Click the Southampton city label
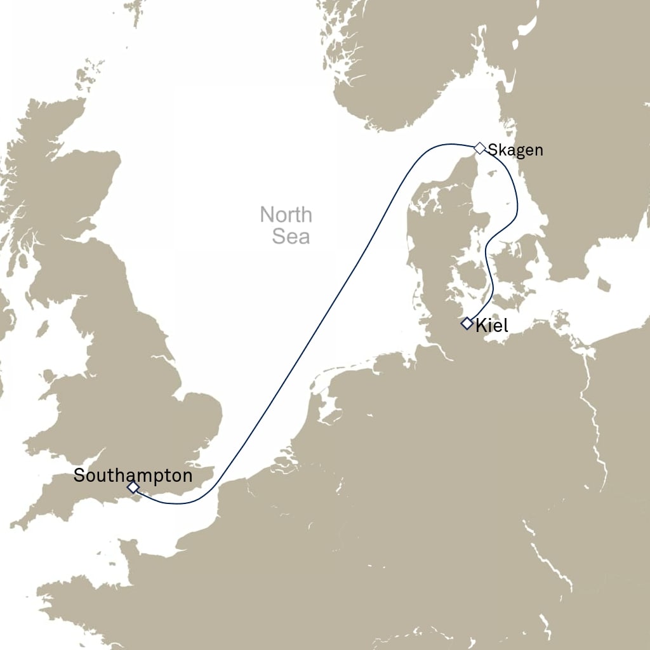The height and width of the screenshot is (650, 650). [x=133, y=475]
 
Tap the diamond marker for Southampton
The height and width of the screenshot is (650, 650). [x=133, y=487]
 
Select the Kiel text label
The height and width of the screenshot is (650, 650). [x=492, y=326]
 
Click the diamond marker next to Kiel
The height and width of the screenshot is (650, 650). [x=467, y=324]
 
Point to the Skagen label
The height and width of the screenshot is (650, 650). [x=515, y=150]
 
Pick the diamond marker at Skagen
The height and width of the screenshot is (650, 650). [x=480, y=148]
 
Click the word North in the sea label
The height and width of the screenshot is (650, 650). [x=286, y=215]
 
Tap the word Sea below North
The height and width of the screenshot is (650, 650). [x=291, y=236]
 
